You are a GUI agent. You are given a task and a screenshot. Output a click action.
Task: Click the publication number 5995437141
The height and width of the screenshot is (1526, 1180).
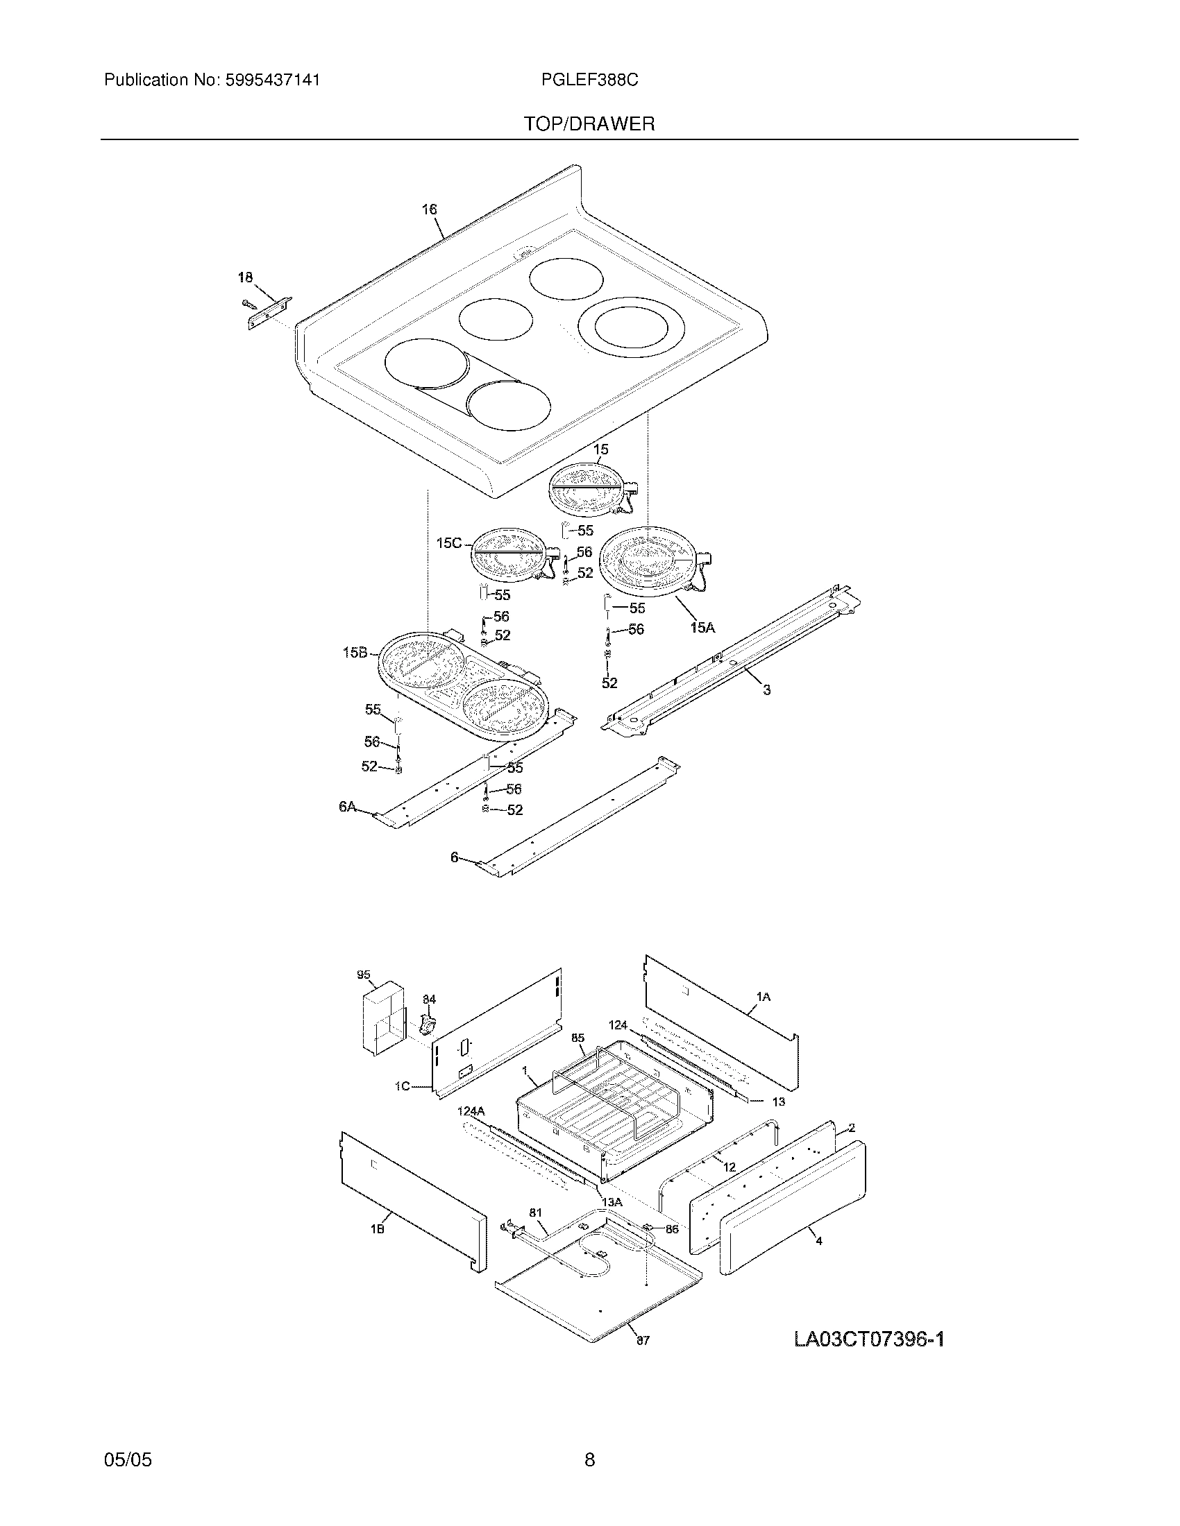(272, 80)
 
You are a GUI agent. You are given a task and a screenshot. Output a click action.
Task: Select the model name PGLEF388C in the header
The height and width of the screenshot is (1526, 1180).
(589, 80)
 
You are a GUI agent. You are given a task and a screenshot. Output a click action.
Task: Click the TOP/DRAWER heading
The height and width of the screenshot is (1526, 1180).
(589, 124)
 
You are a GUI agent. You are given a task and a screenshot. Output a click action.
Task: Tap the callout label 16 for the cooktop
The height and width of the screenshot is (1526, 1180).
(429, 209)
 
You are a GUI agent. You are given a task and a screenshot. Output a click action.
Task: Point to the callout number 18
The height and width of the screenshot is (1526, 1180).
(244, 277)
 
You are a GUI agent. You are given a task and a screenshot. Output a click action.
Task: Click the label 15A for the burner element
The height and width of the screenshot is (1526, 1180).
(702, 628)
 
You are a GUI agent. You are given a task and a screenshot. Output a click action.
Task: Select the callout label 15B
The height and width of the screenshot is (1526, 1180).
(355, 653)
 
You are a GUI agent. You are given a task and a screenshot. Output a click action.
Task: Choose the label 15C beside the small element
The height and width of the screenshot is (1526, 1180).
(449, 542)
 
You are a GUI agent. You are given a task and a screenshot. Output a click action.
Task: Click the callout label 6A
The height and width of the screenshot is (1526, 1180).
(348, 807)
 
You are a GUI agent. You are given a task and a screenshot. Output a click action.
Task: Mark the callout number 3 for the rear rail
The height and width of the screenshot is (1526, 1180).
(766, 690)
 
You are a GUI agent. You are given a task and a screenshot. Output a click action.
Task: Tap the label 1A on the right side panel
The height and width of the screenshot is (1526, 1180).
(763, 997)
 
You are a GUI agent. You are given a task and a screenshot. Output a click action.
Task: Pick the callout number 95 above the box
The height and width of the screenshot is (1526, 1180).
(363, 975)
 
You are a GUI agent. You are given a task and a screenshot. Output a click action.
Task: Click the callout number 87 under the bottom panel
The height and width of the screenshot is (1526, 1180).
(643, 1340)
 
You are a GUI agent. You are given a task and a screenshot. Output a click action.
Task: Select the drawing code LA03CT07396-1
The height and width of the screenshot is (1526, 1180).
(869, 1339)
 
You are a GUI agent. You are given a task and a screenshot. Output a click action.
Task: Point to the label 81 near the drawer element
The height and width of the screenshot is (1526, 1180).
(534, 1213)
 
